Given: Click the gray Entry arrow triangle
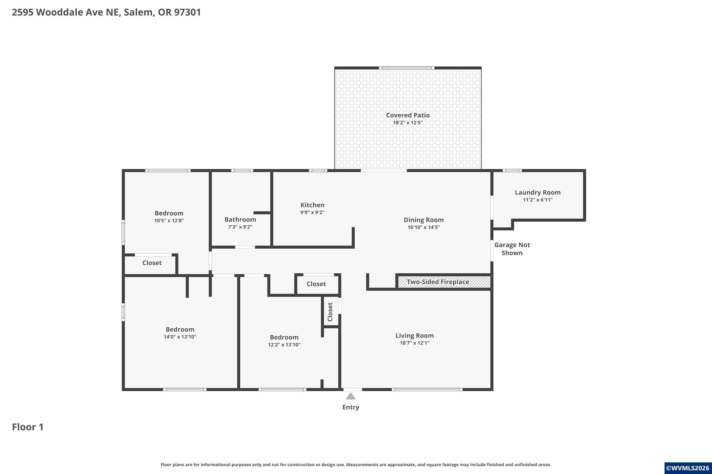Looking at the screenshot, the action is click(351, 396).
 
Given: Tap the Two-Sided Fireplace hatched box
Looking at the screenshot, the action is click(444, 282).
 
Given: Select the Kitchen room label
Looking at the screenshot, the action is click(312, 205).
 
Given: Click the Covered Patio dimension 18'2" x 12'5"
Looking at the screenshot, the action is click(408, 123).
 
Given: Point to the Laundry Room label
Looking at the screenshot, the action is click(538, 192).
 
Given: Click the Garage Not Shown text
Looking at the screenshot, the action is click(512, 249).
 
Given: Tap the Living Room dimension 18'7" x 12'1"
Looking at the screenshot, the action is click(414, 343).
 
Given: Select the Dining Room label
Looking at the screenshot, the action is click(423, 220).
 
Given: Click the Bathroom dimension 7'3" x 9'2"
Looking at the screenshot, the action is click(240, 227).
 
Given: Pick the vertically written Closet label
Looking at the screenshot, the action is click(330, 312).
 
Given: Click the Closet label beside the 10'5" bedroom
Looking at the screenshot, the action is click(152, 263).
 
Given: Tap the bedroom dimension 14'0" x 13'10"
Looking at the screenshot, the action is click(180, 337).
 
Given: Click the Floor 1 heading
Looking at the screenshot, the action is click(28, 427).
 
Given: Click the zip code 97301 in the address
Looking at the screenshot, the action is click(187, 12).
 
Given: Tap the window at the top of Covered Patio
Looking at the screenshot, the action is click(407, 68).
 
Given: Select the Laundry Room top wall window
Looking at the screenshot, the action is click(512, 170).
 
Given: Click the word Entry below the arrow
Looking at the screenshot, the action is click(351, 407).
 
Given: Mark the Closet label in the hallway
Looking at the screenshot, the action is click(316, 284).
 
